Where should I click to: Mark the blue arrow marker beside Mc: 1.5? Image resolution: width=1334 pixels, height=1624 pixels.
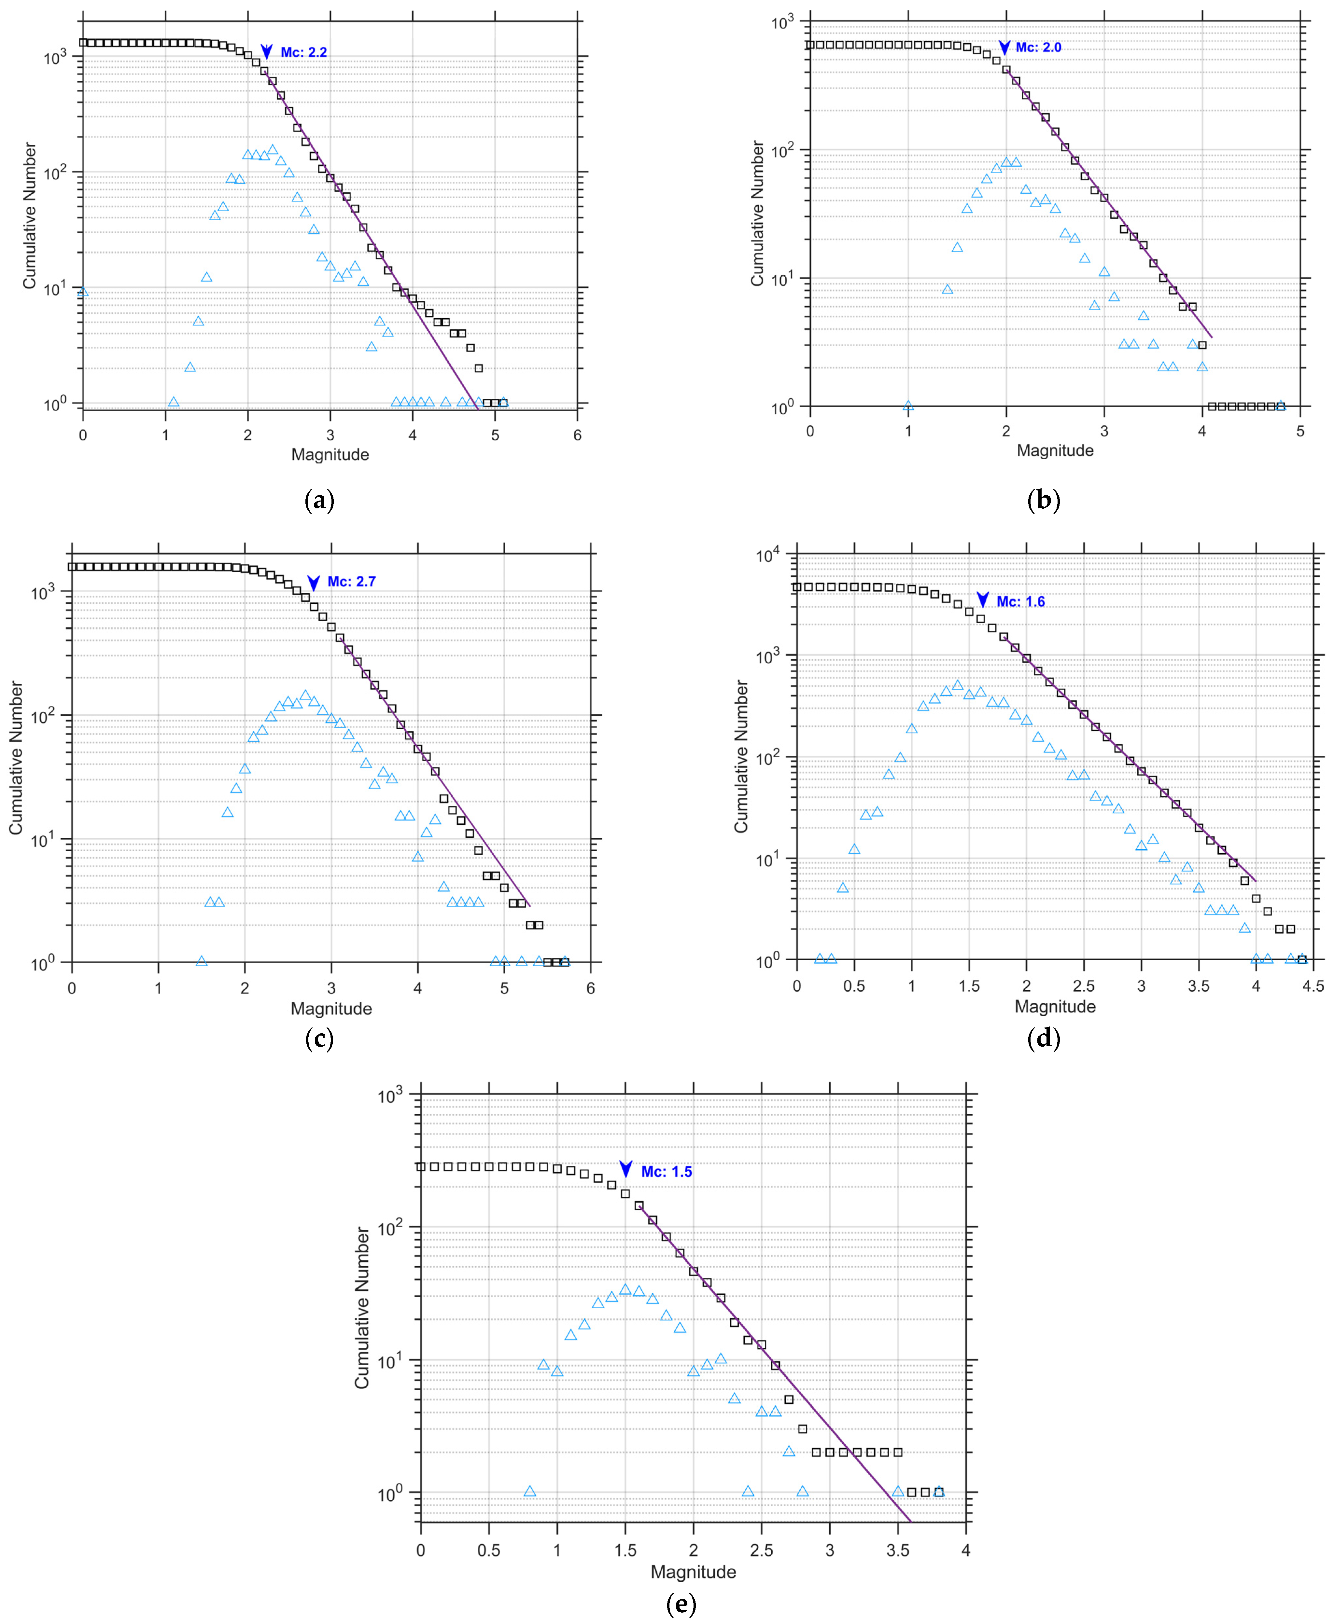pyautogui.click(x=625, y=1169)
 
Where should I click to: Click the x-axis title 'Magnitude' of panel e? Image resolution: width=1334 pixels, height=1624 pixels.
pyautogui.click(x=693, y=1572)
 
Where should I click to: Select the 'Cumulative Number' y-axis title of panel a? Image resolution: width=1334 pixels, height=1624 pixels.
pyautogui.click(x=29, y=215)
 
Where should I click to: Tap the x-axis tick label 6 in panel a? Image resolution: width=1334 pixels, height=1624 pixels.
pyautogui.click(x=577, y=435)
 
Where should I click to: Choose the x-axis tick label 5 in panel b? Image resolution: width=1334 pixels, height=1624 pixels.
pyautogui.click(x=1300, y=431)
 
